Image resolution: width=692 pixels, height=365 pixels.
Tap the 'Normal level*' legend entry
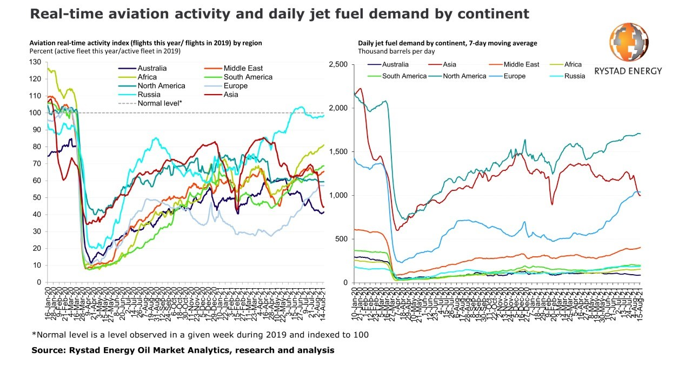159,103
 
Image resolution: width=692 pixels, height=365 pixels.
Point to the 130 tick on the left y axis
35,62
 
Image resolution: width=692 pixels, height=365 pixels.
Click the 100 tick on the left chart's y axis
35,113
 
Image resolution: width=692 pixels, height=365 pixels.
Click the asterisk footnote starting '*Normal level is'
200,335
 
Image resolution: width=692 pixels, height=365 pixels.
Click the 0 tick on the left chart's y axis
39,282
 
